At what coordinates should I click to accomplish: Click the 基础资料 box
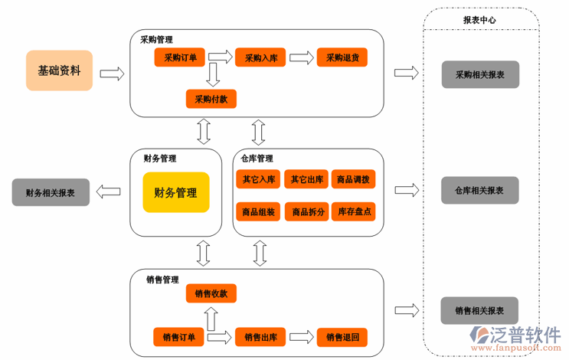point(59,70)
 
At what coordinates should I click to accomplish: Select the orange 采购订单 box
point(181,57)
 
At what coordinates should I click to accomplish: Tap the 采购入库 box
point(261,57)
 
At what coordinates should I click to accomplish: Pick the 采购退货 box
point(342,57)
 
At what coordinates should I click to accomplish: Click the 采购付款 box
point(211,99)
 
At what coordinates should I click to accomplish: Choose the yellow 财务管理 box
point(175,192)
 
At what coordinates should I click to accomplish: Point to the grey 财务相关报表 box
point(51,192)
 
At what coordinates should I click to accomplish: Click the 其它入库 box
point(259,179)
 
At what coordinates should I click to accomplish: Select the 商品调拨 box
point(353,179)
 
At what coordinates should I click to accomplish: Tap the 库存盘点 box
point(353,211)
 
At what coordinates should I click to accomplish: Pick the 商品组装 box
point(259,211)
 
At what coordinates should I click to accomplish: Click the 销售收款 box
point(211,293)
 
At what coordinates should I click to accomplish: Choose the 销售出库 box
point(261,336)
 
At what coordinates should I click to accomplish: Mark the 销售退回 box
point(342,336)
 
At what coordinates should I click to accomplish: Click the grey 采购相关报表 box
point(480,74)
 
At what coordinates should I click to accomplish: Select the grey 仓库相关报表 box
point(480,190)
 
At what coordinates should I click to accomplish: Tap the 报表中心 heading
point(480,21)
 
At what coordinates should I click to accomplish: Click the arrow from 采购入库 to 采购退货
point(302,57)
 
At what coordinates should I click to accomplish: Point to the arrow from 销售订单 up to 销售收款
point(211,315)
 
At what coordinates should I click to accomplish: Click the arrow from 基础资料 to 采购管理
point(112,73)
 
